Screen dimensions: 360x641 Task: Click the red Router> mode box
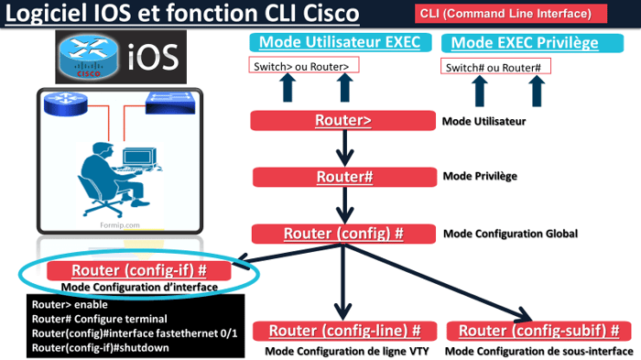click(x=342, y=121)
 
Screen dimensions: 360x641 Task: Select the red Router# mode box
click(x=342, y=177)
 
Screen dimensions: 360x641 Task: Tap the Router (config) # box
click(x=342, y=234)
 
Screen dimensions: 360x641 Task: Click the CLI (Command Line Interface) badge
click(x=513, y=16)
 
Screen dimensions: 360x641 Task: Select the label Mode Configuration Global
click(x=510, y=234)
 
